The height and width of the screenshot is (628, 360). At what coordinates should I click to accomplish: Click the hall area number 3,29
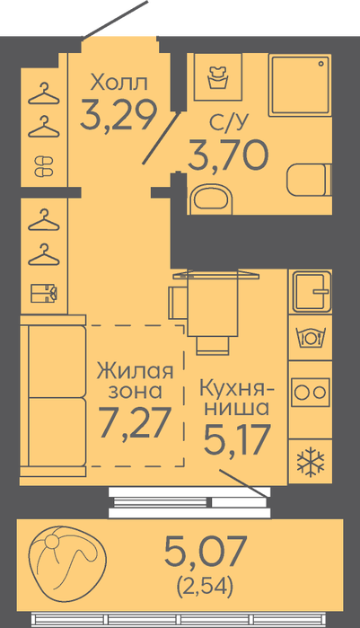tap(118, 114)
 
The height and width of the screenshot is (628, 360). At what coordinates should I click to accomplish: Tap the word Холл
tap(119, 82)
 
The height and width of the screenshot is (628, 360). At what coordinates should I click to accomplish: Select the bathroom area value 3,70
tap(227, 155)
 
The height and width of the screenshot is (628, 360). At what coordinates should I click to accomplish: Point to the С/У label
tap(229, 123)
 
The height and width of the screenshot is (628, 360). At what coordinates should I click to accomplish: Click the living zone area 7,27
tap(136, 421)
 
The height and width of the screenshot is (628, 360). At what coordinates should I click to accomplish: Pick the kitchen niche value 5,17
tap(236, 439)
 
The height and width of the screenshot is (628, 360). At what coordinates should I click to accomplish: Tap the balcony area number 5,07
tap(204, 551)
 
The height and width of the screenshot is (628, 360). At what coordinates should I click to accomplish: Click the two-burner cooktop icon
tap(311, 392)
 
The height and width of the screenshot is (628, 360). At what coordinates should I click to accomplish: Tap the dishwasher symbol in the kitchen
tap(311, 337)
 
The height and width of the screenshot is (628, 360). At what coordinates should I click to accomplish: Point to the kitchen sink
tap(312, 291)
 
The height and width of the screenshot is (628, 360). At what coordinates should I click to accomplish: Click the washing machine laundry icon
tap(218, 77)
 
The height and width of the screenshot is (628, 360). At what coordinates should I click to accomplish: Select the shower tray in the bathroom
tap(300, 85)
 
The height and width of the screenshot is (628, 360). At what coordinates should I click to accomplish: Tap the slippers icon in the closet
tap(44, 166)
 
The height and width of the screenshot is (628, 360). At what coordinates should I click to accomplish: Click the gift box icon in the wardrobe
tap(44, 294)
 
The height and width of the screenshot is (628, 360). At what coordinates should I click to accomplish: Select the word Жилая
tap(136, 370)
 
